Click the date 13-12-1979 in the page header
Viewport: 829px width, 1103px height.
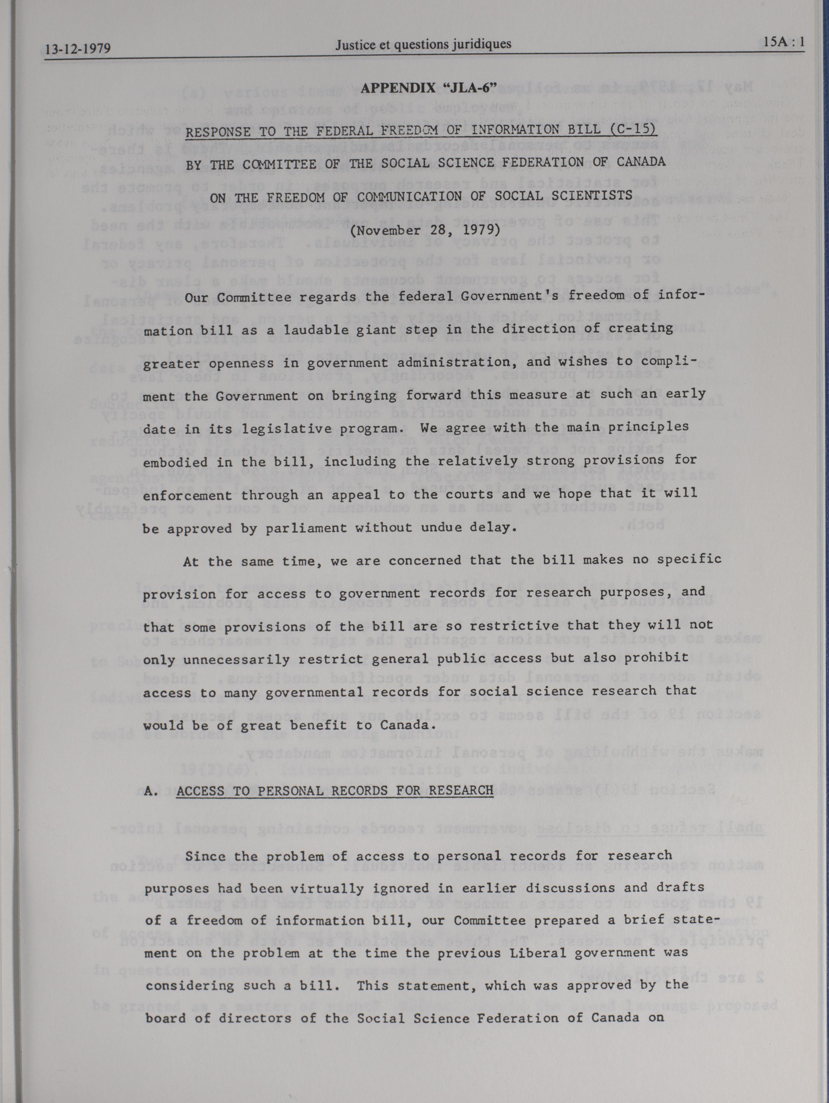[77, 49]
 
